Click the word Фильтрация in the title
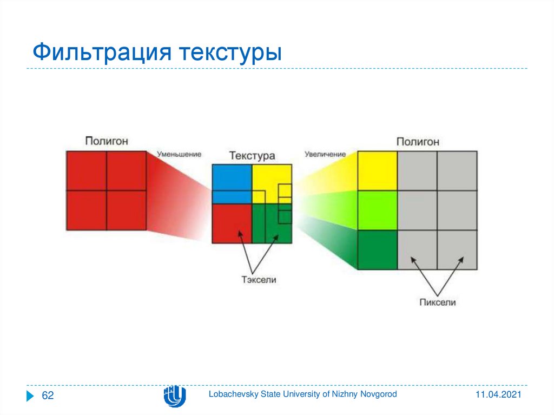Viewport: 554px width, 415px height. tap(102, 52)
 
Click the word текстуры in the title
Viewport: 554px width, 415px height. tap(230, 54)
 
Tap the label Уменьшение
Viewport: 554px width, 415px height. tap(179, 154)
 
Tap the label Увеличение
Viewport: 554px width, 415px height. tap(325, 154)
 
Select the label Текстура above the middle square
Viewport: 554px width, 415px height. tap(252, 155)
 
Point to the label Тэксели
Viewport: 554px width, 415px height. tap(259, 280)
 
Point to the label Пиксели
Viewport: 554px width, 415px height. tap(437, 302)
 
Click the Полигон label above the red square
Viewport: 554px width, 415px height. tap(107, 141)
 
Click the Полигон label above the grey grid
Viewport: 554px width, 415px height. tap(418, 142)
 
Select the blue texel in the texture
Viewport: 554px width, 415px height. tap(232, 184)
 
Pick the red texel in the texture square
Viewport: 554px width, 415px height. tap(232, 223)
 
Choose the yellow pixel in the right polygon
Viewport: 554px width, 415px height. tap(377, 171)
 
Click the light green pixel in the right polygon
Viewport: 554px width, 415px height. tap(377, 210)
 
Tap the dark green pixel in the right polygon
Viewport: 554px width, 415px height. tap(377, 250)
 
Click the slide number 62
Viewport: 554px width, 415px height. tap(48, 395)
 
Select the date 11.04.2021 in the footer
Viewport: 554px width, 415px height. tap(498, 394)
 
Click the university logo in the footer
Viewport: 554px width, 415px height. tap(175, 396)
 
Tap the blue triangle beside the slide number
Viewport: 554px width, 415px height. tap(30, 396)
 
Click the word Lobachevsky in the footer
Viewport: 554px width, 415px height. tap(234, 394)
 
